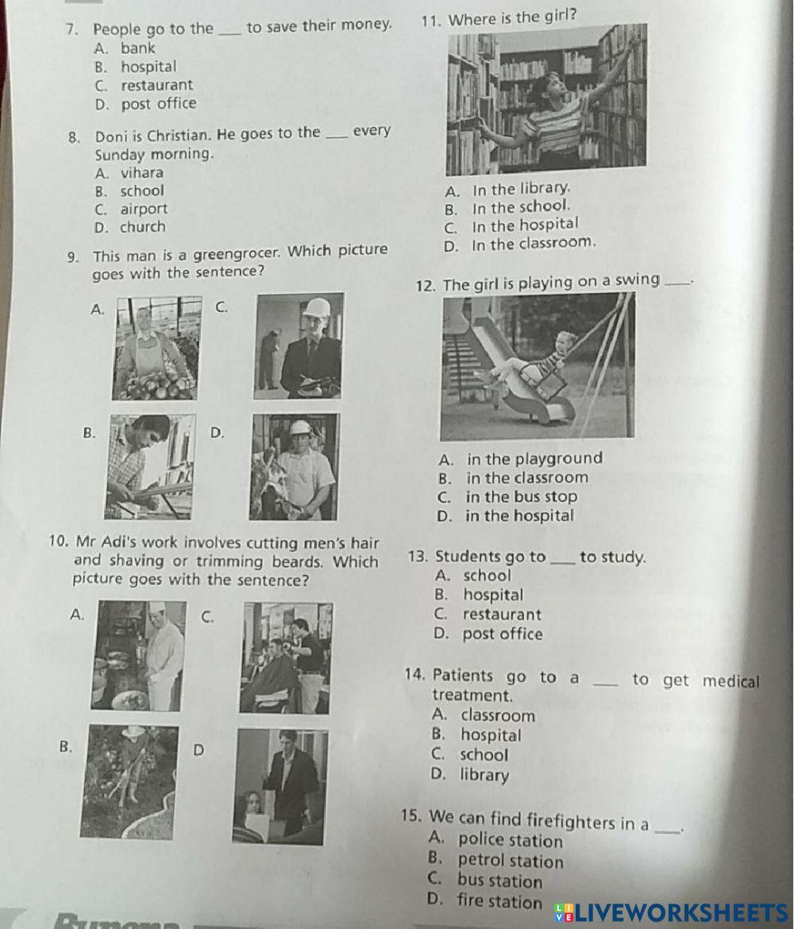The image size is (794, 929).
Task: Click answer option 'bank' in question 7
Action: coord(137,48)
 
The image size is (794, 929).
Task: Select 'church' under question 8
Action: coord(143,227)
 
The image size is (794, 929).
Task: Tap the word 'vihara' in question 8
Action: coord(142,172)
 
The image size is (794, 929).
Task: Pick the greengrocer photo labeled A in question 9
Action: coord(156,348)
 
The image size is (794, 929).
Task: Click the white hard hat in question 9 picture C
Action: coord(316,307)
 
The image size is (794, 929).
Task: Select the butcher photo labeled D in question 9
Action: coord(294,467)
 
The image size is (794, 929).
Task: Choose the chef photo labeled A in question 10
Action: coord(139,656)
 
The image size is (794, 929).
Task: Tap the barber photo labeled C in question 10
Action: coord(286,658)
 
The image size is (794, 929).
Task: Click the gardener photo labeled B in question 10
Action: coord(129,782)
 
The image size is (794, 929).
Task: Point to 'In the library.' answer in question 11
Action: coord(521,190)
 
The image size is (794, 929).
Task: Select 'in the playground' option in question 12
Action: coord(534,458)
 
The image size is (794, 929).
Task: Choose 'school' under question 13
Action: coord(487,576)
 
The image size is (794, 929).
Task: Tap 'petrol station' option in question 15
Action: coord(511,861)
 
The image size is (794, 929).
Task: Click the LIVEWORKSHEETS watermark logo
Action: coord(672,912)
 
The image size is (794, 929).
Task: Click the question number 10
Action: coord(57,542)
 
